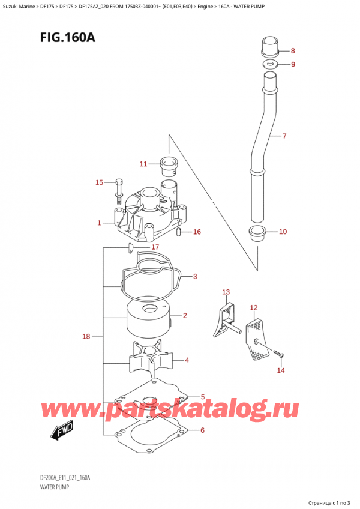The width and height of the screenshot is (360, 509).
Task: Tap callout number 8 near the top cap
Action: (x=292, y=50)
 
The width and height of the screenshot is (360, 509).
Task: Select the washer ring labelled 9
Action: (x=270, y=64)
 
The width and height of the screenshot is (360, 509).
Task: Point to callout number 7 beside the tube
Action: (x=284, y=136)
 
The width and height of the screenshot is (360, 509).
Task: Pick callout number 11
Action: (x=143, y=164)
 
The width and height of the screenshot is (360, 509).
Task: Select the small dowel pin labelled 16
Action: (x=179, y=233)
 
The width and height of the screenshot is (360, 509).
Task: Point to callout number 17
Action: (x=155, y=247)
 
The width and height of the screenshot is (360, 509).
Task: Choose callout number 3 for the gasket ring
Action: (x=194, y=277)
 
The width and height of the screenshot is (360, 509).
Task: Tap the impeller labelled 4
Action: (x=149, y=361)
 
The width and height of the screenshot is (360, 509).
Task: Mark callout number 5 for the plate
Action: (x=203, y=397)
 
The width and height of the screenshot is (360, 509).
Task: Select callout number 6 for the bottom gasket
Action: (x=202, y=430)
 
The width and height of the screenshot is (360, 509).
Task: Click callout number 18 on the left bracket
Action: (x=86, y=336)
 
